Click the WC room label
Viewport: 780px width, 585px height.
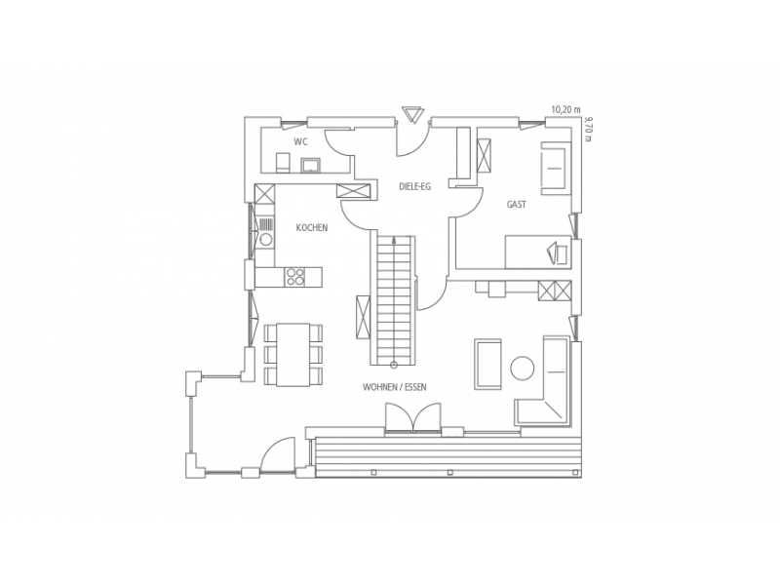(x=300, y=142)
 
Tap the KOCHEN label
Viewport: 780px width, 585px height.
(x=312, y=228)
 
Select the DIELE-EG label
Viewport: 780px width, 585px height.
(x=415, y=187)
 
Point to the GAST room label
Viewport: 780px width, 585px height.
(x=517, y=204)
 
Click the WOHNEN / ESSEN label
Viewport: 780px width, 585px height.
(x=395, y=387)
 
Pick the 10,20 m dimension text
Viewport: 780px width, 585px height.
(x=566, y=110)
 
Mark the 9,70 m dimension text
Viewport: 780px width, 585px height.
(x=589, y=129)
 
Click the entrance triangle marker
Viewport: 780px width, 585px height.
(x=412, y=114)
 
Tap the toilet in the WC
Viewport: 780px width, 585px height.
(x=282, y=163)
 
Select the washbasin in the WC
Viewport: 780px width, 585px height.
(x=311, y=165)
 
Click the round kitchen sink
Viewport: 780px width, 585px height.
(x=265, y=240)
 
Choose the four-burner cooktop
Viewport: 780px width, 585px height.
(x=295, y=277)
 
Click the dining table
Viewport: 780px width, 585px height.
(x=293, y=355)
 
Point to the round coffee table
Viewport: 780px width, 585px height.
(x=523, y=369)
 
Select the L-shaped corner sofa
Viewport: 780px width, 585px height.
(x=544, y=393)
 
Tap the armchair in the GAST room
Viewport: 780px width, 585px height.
(x=553, y=168)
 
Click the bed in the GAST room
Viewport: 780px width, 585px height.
(x=538, y=252)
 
